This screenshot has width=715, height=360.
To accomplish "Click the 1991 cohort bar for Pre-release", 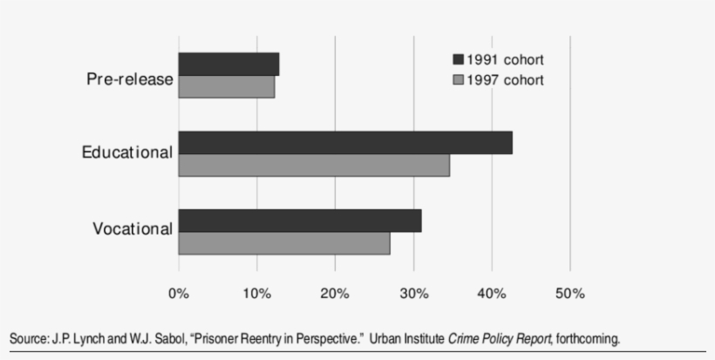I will pyautogui.click(x=228, y=65).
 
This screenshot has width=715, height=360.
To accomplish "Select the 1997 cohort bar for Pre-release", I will pyautogui.click(x=227, y=87).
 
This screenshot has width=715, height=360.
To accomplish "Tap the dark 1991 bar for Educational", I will pyautogui.click(x=345, y=143).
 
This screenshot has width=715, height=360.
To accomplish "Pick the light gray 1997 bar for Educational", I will pyautogui.click(x=314, y=166).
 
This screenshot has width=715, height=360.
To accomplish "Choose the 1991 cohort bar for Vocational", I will pyautogui.click(x=300, y=221).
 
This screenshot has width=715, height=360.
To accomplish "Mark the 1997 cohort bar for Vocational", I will pyautogui.click(x=284, y=243).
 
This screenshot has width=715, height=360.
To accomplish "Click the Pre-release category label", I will pyautogui.click(x=130, y=79).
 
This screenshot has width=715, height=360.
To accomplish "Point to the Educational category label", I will pyautogui.click(x=127, y=153).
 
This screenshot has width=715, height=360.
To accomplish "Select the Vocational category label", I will pyautogui.click(x=133, y=229).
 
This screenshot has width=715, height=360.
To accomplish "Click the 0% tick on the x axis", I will pyautogui.click(x=179, y=294).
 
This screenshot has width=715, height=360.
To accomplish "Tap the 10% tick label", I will pyautogui.click(x=256, y=294).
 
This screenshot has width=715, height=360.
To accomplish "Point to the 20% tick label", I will pyautogui.click(x=335, y=294).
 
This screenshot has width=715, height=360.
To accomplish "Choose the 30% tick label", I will pyautogui.click(x=413, y=294).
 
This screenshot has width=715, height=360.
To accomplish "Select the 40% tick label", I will pyautogui.click(x=492, y=294).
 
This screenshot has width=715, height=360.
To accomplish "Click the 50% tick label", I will pyautogui.click(x=569, y=294).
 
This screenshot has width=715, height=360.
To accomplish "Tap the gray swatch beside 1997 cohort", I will pyautogui.click(x=457, y=79).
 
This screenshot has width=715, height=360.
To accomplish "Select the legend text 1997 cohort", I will pyautogui.click(x=505, y=79).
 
